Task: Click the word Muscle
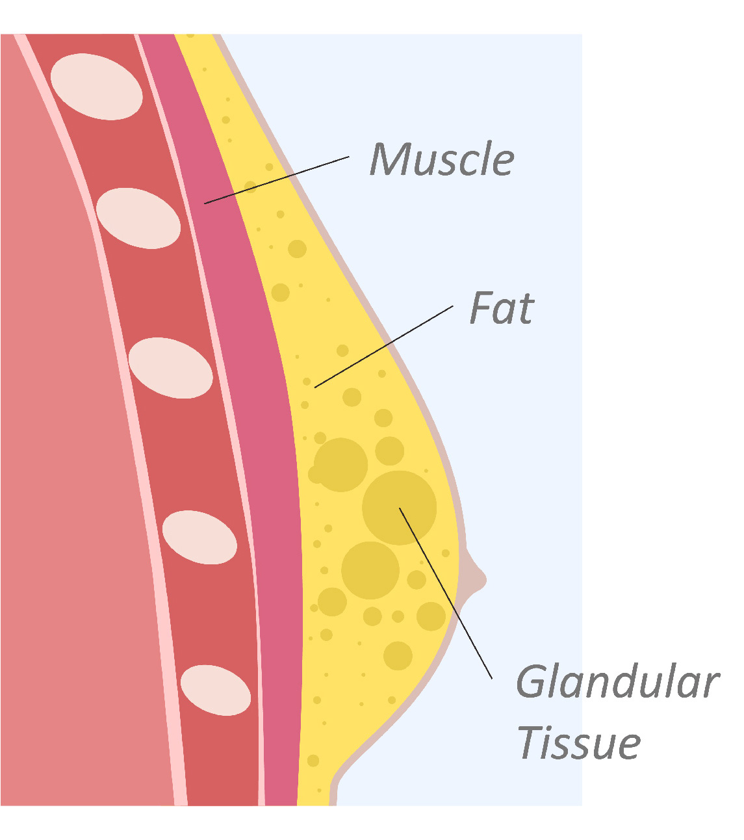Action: pos(442,159)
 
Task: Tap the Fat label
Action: pos(502,308)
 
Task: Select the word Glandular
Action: pos(617,683)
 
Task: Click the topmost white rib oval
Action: pos(96,87)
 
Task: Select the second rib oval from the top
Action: pos(138,218)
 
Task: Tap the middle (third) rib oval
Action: pos(170,368)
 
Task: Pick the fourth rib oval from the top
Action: pos(199,537)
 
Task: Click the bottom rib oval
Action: pos(215,690)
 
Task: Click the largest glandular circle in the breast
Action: pos(399,508)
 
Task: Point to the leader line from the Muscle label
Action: pos(277,180)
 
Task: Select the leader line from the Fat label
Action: pos(383,347)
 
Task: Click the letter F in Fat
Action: pos(481,308)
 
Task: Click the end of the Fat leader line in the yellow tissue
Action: pos(316,387)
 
